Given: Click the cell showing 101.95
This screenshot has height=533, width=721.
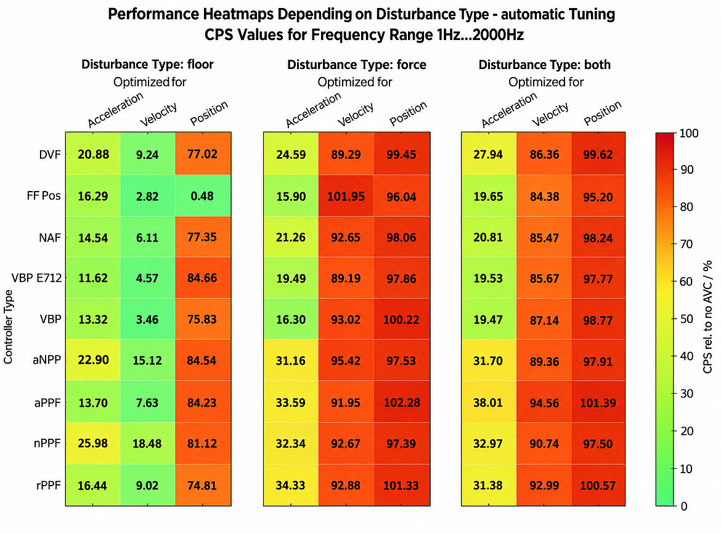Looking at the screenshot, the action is [x=346, y=196].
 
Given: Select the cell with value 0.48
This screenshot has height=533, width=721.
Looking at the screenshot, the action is [x=203, y=196].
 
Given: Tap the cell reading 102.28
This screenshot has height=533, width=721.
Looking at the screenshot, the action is [x=402, y=402].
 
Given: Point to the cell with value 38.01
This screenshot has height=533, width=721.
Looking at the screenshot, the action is [x=488, y=402].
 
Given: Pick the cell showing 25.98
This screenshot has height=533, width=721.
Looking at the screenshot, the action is [x=93, y=443].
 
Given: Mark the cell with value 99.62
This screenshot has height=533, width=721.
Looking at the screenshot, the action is [x=598, y=154].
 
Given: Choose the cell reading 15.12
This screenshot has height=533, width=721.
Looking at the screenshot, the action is [x=148, y=360].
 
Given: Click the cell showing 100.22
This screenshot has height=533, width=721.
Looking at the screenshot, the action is [x=402, y=319].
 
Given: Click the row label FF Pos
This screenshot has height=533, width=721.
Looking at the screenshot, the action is [x=44, y=196].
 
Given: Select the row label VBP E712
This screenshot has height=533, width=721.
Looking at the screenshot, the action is [x=36, y=278].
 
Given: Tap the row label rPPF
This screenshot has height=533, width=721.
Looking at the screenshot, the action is [x=48, y=485].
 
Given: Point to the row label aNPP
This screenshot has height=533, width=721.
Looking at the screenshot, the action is [x=46, y=360].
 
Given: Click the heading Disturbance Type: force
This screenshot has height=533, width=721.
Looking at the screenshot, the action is [x=357, y=64].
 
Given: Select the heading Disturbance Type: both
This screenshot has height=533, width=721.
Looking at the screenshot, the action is [x=545, y=64].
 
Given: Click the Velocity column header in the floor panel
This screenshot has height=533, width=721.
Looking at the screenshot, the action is [x=158, y=115].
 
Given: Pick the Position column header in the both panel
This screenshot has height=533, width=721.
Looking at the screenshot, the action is [x=602, y=113].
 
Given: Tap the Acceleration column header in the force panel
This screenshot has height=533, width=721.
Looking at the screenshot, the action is [x=313, y=110].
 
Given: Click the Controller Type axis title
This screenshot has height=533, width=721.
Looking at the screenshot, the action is [x=8, y=327].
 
